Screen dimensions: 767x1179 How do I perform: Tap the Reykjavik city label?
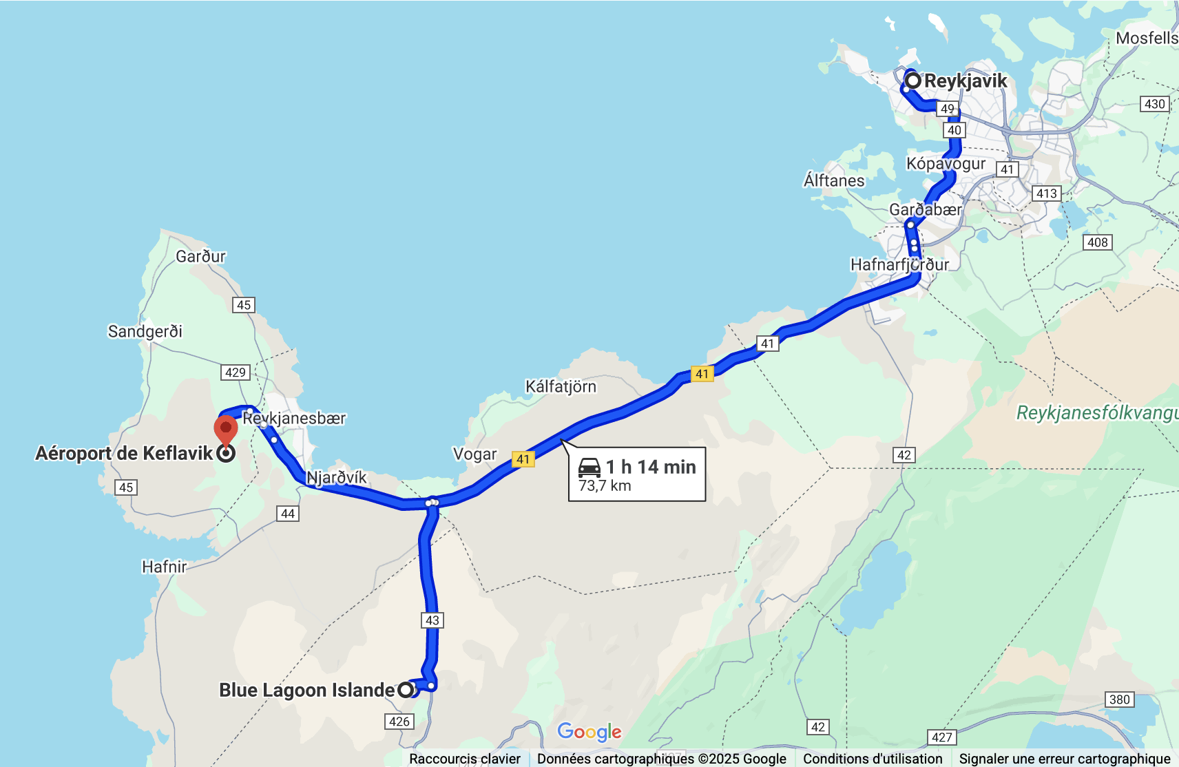click(x=966, y=81)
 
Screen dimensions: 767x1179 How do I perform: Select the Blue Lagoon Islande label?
click(x=307, y=690)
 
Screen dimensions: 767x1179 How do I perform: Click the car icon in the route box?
click(x=589, y=467)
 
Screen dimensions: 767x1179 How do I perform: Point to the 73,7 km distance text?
click(x=605, y=486)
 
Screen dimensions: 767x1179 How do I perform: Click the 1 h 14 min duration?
click(x=651, y=467)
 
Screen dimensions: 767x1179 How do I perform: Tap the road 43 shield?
click(x=432, y=620)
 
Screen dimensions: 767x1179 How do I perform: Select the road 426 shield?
click(x=399, y=722)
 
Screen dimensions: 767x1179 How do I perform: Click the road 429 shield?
click(x=236, y=372)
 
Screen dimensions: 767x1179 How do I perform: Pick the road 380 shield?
click(x=1119, y=700)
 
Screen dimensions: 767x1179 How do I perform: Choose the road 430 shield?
click(x=1154, y=104)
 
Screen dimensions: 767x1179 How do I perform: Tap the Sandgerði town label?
click(x=145, y=332)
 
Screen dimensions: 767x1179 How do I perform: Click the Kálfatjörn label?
click(x=561, y=387)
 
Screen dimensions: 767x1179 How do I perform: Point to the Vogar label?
click(x=474, y=454)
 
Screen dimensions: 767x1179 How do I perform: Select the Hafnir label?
click(x=165, y=567)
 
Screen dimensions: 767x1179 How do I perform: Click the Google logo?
click(x=589, y=732)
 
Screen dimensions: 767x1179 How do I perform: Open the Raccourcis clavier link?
click(x=465, y=759)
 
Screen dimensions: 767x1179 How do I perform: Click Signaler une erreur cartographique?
click(x=1065, y=759)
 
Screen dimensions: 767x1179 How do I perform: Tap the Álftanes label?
click(x=834, y=180)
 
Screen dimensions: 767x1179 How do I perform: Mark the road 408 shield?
click(x=1098, y=242)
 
